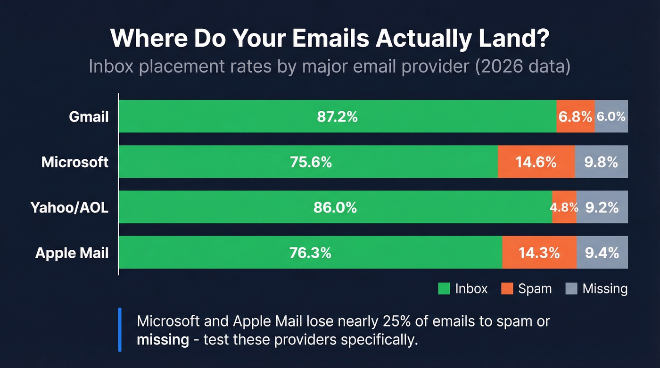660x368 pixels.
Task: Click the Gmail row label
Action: point(89,116)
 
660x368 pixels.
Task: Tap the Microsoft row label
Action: point(75,162)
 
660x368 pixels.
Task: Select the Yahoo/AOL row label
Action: point(69,207)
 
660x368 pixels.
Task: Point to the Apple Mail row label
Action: point(72,253)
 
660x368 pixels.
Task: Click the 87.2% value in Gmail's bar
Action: point(337,116)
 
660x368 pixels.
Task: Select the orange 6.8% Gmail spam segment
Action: point(575,116)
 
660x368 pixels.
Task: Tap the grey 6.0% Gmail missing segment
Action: point(611,116)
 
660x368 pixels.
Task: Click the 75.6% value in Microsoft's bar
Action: point(311,162)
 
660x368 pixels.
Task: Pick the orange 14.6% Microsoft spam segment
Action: point(536,162)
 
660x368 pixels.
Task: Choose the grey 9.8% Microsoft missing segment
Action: point(601,162)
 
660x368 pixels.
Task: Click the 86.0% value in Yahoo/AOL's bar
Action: point(335,207)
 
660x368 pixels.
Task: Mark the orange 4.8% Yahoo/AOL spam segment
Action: point(564,207)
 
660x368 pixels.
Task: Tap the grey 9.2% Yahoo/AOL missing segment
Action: point(602,207)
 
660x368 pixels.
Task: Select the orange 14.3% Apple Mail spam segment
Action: point(539,253)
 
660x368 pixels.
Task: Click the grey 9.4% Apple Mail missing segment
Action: point(602,253)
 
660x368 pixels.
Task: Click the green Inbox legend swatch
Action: point(444,289)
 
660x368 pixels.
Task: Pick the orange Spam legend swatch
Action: point(507,289)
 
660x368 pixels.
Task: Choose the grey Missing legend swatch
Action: point(571,289)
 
